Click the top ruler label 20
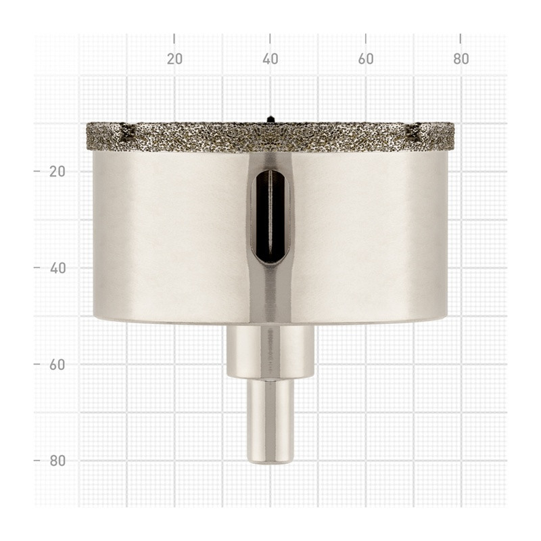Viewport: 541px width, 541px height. (174, 59)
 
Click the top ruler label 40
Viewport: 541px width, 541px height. (270, 59)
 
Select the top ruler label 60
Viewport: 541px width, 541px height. (366, 59)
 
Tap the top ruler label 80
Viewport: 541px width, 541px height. (461, 59)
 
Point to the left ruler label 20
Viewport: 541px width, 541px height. (57, 171)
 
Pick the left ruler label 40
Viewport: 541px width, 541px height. (57, 268)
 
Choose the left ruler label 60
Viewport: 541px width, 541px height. (57, 364)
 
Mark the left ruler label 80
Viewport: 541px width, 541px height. (57, 461)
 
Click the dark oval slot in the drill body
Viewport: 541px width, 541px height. (270, 216)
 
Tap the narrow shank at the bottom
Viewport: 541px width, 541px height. (270, 421)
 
